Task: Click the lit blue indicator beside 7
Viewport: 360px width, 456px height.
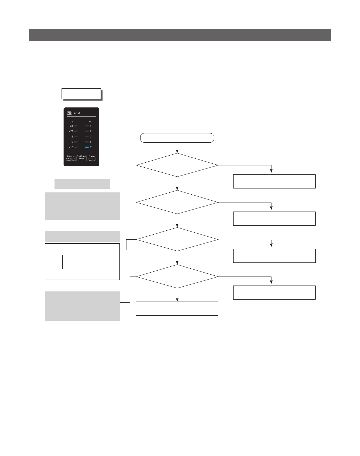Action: click(87, 147)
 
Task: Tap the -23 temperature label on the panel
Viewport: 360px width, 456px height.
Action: click(71, 126)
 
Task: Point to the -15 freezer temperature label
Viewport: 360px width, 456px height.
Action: click(71, 147)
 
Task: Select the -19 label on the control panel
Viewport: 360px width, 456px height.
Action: click(71, 137)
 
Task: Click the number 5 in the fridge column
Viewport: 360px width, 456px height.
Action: click(91, 142)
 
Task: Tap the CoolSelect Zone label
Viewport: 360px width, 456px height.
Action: click(81, 158)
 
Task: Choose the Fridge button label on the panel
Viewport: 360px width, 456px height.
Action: click(92, 156)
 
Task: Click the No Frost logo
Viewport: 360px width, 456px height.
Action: click(73, 113)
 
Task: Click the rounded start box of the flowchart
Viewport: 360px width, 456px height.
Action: click(177, 138)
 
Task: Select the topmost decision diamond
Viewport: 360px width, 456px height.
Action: click(177, 165)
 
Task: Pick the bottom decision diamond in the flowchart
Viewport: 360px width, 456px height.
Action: click(177, 277)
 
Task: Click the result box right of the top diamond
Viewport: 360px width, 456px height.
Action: click(274, 181)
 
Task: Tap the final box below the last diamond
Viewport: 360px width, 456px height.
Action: click(177, 309)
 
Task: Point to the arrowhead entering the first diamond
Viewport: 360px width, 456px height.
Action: click(177, 152)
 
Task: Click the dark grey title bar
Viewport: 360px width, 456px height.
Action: click(180, 35)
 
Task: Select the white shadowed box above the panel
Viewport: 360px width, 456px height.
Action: click(81, 94)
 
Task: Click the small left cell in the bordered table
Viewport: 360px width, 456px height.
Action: click(54, 262)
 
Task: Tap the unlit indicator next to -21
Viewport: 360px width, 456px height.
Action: click(76, 131)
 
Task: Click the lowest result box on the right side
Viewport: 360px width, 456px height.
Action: click(274, 293)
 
